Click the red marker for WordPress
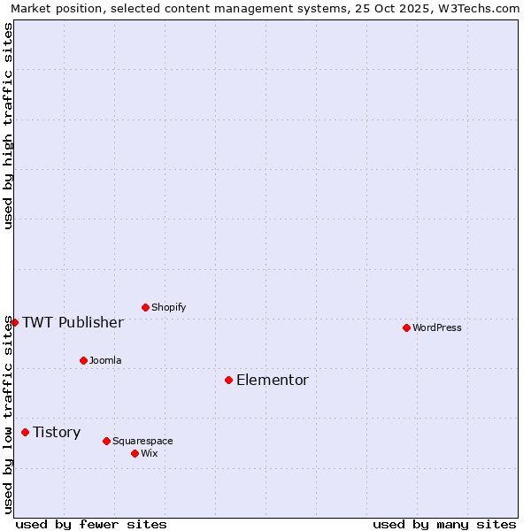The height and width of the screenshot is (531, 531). (x=406, y=327)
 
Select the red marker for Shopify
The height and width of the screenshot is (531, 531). (x=145, y=307)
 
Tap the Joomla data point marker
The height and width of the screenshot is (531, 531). (x=83, y=360)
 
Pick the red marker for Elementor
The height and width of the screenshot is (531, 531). (x=228, y=380)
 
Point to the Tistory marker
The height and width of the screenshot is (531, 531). (x=25, y=432)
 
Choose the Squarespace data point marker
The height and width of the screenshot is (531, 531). (x=106, y=441)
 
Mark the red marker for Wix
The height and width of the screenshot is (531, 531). (x=135, y=453)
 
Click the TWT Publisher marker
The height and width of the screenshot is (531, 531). (x=14, y=322)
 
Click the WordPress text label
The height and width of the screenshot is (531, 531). (x=437, y=327)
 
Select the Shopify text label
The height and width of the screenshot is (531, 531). (x=168, y=307)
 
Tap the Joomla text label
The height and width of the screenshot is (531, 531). (x=105, y=360)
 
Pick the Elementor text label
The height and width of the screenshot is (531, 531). (x=273, y=380)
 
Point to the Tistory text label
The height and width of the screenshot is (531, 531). (x=57, y=432)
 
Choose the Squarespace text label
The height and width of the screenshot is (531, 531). (x=142, y=441)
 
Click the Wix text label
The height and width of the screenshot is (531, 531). (x=150, y=453)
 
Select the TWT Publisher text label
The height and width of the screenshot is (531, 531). (x=73, y=322)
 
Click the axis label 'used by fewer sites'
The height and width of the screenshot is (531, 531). (x=91, y=524)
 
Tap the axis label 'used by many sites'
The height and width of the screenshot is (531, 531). (x=444, y=524)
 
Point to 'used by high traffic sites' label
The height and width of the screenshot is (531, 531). (x=8, y=126)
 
